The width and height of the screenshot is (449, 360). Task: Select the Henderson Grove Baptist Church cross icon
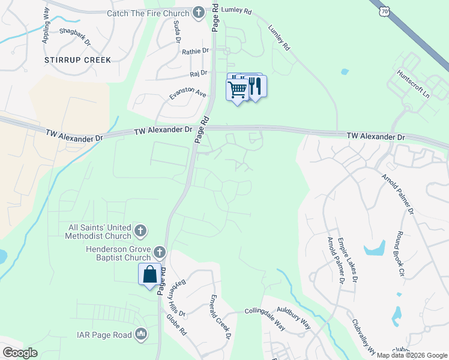click(x=160, y=252)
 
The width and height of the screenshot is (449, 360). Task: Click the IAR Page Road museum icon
click(x=141, y=334)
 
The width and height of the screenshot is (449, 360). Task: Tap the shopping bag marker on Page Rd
click(x=149, y=275)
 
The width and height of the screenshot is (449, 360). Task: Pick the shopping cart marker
click(x=238, y=89)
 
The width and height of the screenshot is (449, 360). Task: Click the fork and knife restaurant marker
click(x=256, y=87)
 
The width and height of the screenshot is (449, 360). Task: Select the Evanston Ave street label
click(x=187, y=95)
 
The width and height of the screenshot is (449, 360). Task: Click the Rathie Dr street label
click(x=196, y=52)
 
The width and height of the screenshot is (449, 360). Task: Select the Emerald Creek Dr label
click(x=220, y=316)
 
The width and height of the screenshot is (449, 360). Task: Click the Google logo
click(x=20, y=353)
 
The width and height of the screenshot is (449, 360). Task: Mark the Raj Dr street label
click(x=198, y=73)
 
